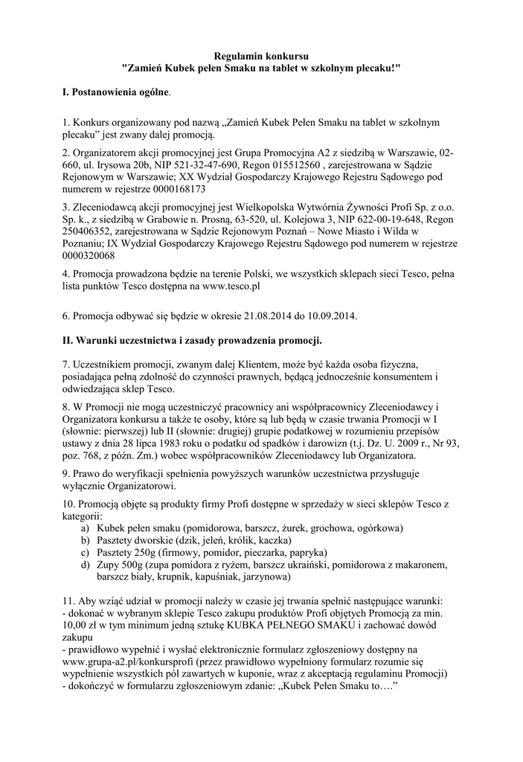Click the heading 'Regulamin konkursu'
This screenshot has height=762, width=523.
pyautogui.click(x=260, y=56)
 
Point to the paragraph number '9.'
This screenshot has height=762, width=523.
pyautogui.click(x=67, y=473)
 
